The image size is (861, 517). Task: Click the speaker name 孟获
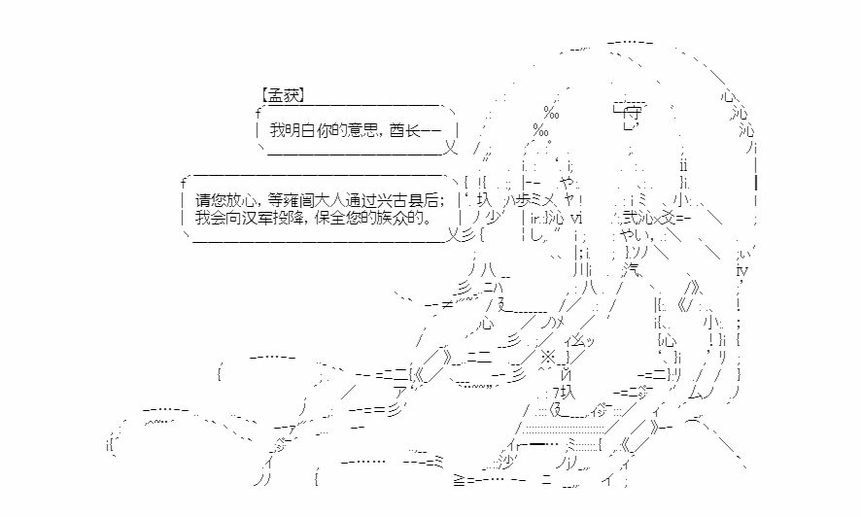click(x=283, y=95)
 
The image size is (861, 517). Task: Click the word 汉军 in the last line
click(x=257, y=218)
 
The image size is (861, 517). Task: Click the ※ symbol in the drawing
click(x=548, y=358)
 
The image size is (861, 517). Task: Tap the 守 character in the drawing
click(x=633, y=114)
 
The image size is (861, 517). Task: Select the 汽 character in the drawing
click(x=633, y=270)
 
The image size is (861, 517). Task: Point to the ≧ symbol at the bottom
click(x=460, y=480)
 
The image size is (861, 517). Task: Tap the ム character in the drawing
click(x=695, y=393)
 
